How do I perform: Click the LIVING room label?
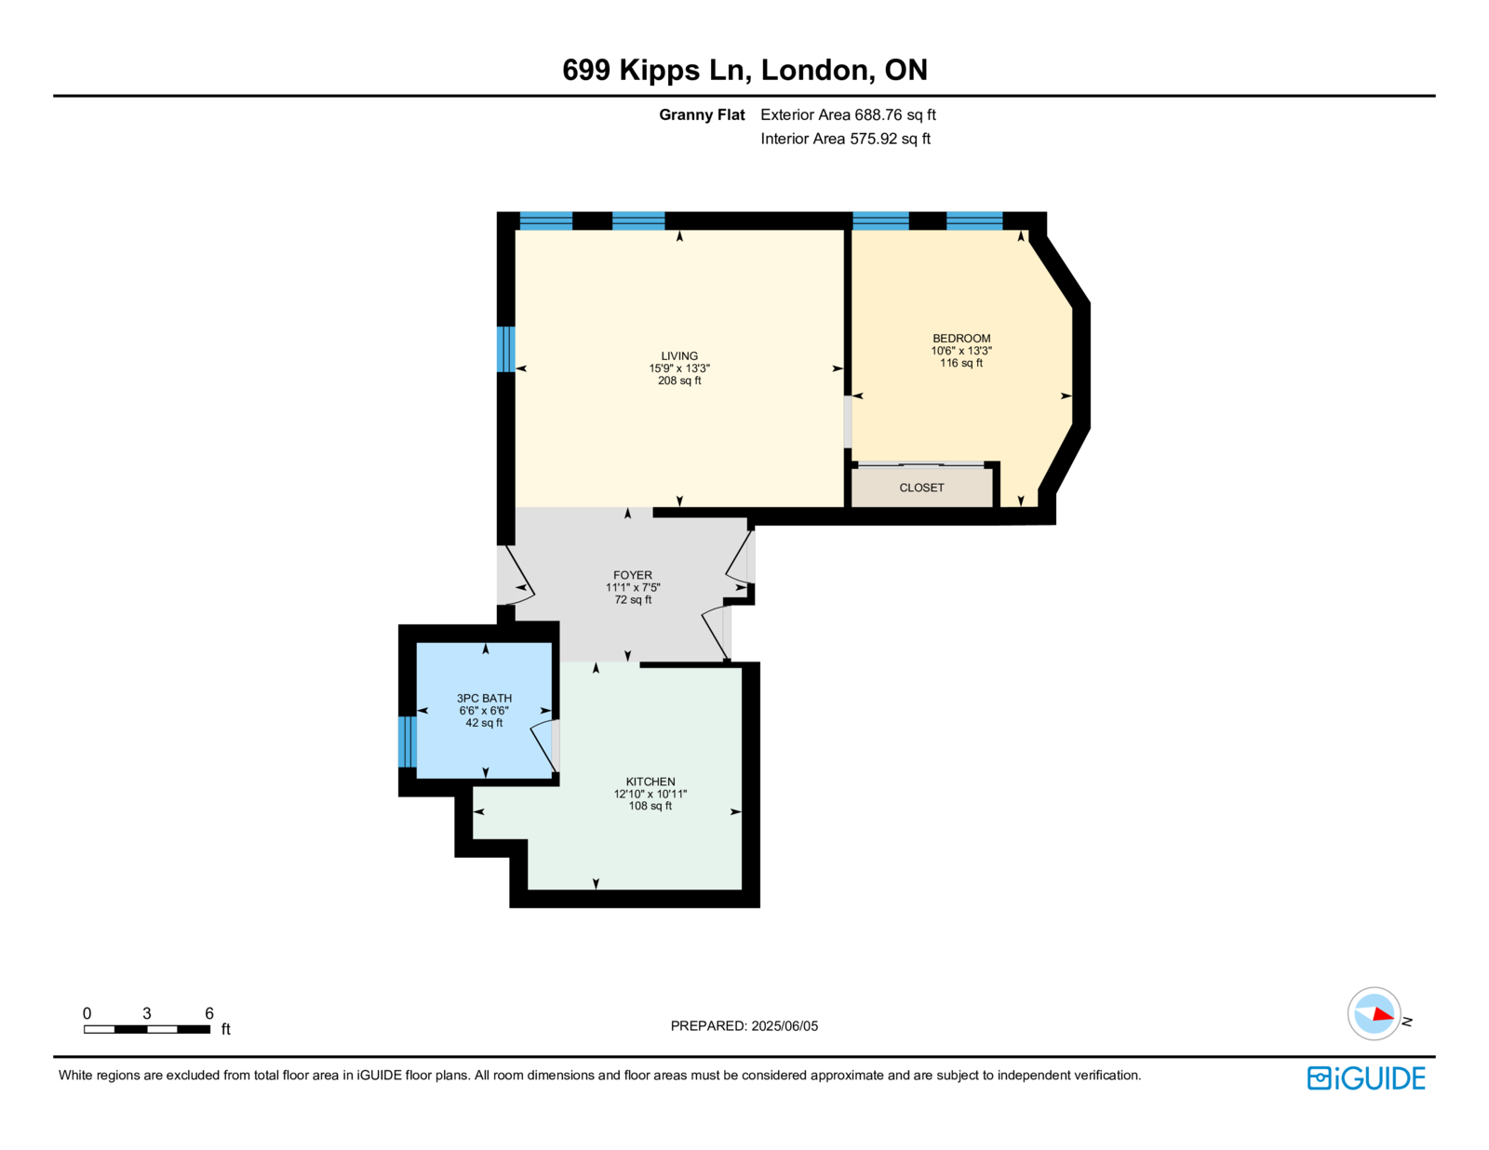[679, 355]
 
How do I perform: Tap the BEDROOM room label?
[960, 338]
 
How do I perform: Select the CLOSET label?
[921, 487]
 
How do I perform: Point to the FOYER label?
[633, 575]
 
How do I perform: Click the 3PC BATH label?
[484, 698]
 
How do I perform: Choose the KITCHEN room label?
[651, 781]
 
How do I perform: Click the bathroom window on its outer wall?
[407, 742]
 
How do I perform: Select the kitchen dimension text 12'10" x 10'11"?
[651, 793]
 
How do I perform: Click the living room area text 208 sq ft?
[679, 381]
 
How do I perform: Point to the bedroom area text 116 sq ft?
[960, 362]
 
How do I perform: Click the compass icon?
[1374, 1013]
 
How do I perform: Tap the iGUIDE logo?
[1365, 1077]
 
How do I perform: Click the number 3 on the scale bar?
[147, 1012]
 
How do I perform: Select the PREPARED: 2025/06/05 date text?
[744, 1025]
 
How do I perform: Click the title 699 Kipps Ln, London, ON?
[744, 69]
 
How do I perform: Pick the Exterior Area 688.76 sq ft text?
[848, 114]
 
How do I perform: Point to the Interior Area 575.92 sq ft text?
[845, 139]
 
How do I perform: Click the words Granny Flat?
[702, 114]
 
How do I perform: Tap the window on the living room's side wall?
[505, 349]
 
